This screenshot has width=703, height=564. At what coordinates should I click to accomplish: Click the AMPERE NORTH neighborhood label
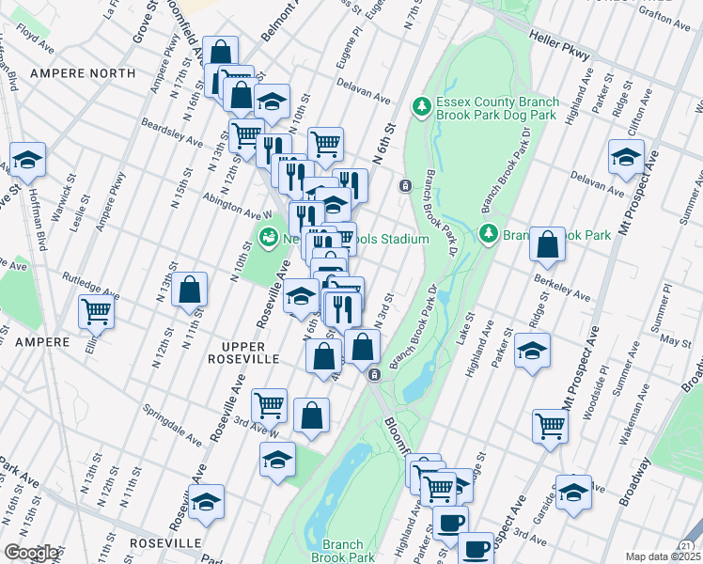[x=70, y=72]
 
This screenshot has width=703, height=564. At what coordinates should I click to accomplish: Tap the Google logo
[x=30, y=553]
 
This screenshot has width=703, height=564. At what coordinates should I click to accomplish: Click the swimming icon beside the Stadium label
[x=269, y=239]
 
